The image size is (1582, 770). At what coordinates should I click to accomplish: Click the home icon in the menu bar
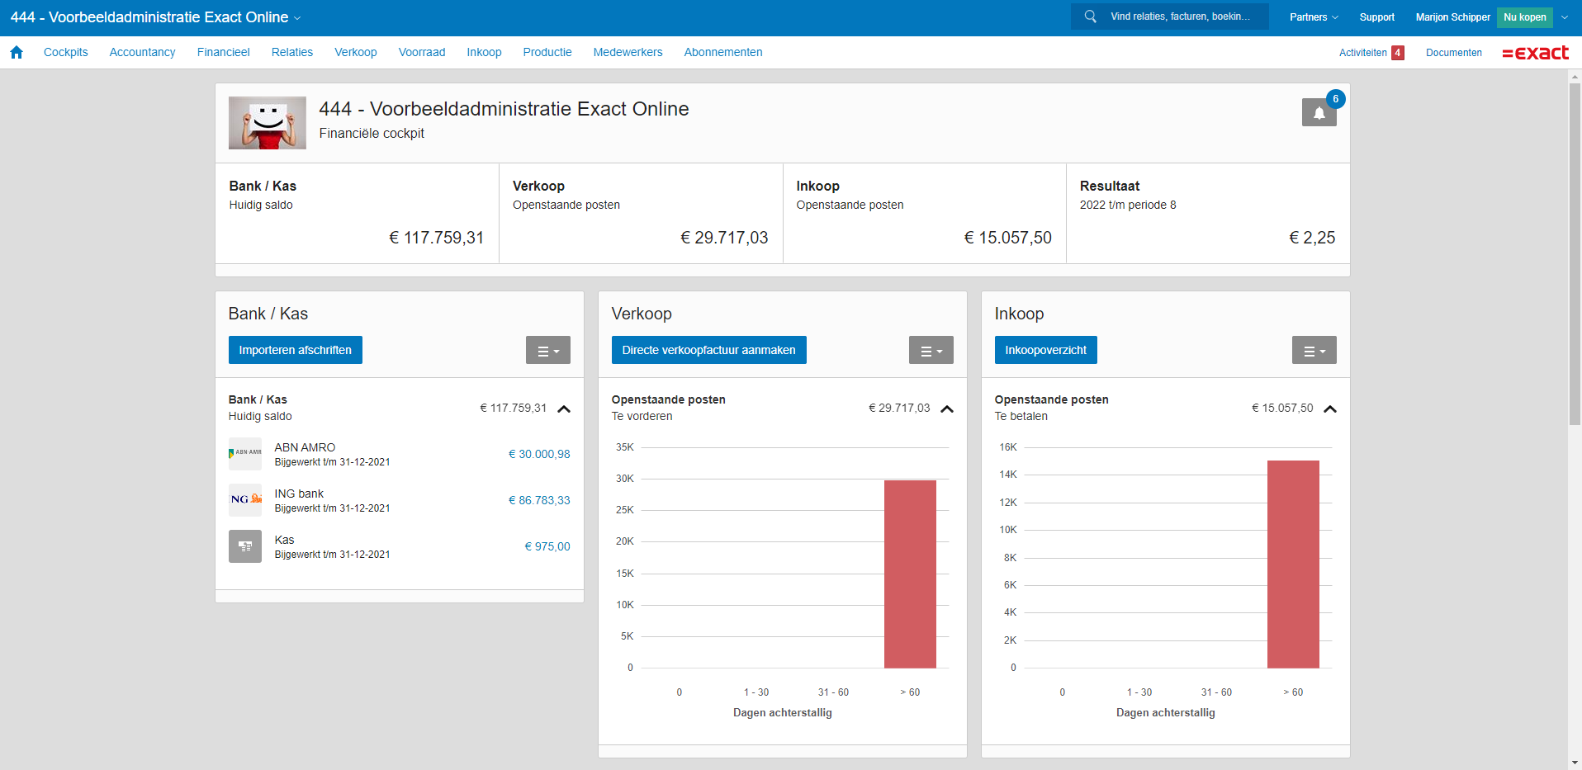17,52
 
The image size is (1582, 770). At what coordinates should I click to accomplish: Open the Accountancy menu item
142,52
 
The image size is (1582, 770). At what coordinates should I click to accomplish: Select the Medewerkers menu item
628,52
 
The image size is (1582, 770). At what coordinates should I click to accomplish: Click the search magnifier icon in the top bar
1091,17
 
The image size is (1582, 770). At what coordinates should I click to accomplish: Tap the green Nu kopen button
1524,17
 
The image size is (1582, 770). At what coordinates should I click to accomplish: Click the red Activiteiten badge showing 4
1398,53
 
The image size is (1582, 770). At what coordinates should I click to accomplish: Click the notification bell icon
1319,112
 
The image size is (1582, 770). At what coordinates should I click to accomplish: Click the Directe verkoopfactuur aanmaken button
708,350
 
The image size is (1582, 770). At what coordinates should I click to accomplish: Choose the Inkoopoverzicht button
1045,350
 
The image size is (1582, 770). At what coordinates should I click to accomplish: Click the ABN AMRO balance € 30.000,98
539,454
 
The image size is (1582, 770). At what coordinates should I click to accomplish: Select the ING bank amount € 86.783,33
539,500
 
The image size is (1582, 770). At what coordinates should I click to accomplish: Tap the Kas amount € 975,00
547,546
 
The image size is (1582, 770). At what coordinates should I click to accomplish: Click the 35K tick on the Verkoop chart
625,447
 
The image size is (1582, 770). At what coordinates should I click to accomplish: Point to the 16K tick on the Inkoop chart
1008,447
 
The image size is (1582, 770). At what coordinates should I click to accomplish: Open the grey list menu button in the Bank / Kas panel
548,351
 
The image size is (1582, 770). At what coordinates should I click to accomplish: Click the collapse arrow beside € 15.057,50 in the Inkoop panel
1330,409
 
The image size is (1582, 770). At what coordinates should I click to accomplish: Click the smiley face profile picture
268,123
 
